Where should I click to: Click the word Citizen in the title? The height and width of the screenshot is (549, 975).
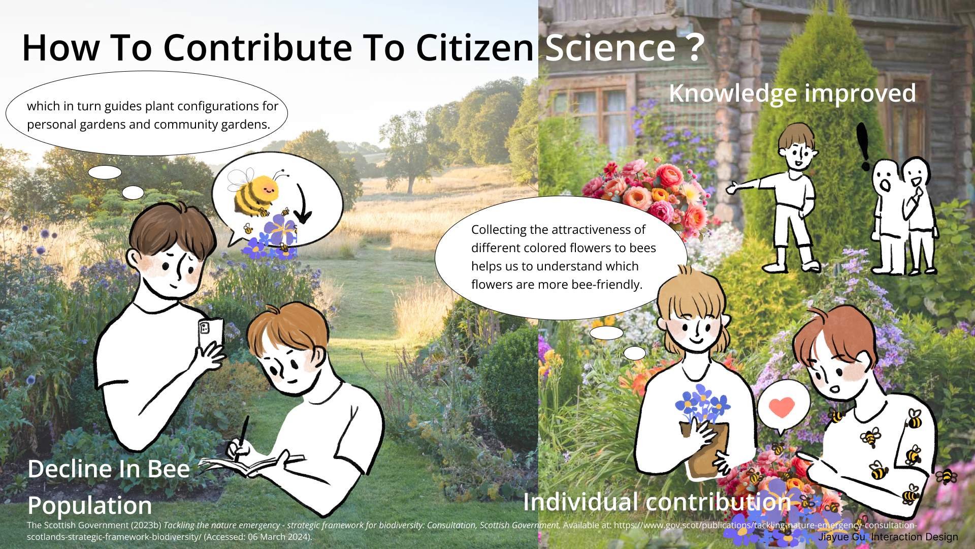coord(474,48)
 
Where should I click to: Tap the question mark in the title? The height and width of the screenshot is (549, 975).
coord(696,48)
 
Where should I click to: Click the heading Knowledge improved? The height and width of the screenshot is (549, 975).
coord(792,94)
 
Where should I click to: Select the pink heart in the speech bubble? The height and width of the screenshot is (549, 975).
coord(782,407)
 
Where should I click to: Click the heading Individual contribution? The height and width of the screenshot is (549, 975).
coord(657,502)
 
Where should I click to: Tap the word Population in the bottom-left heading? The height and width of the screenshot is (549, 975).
coord(90,506)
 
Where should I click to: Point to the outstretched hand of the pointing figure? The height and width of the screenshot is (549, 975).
coord(732,189)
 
